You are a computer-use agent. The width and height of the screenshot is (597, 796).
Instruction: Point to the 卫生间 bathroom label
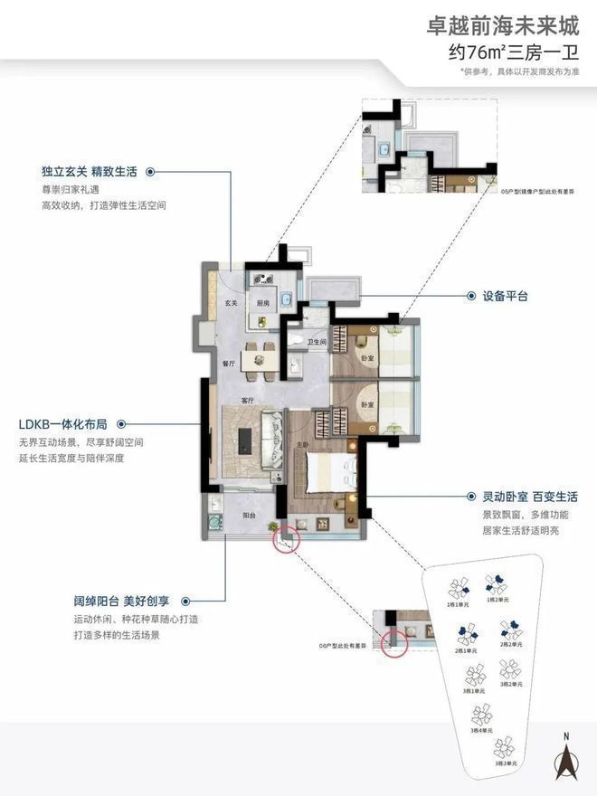[316, 342]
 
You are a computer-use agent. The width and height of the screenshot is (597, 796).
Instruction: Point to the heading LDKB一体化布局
[63, 423]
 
